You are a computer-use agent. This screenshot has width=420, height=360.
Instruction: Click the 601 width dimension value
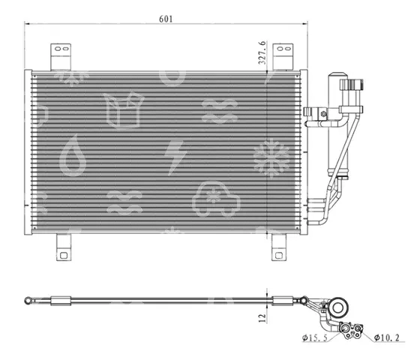pos(166,19)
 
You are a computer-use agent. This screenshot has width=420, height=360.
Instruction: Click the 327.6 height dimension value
pos(262,52)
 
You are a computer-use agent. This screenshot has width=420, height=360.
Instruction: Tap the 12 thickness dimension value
pos(262,318)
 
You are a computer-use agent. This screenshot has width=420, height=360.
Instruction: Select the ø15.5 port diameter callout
pos(315,337)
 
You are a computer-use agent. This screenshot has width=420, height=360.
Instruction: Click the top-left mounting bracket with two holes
pos(61,57)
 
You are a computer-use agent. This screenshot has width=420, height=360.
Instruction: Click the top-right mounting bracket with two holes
pos(283,57)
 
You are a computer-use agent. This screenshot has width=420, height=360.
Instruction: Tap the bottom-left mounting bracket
pos(64,247)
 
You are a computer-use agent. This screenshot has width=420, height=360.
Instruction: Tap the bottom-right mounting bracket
pos(279,247)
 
